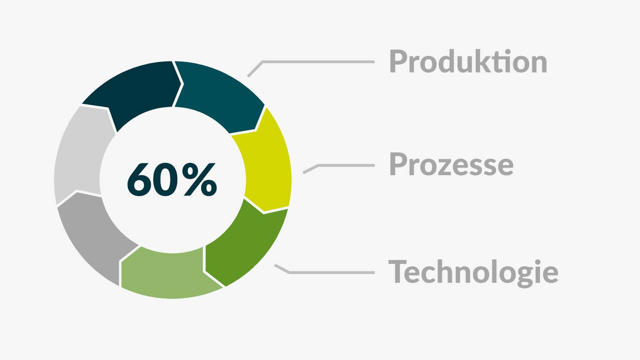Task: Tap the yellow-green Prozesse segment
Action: click(x=266, y=166)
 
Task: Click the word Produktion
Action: click(x=468, y=62)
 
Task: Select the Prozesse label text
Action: click(x=452, y=164)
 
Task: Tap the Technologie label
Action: click(x=473, y=272)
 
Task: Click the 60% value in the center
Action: click(x=172, y=180)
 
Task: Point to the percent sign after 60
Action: click(x=200, y=180)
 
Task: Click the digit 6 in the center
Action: click(x=139, y=180)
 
